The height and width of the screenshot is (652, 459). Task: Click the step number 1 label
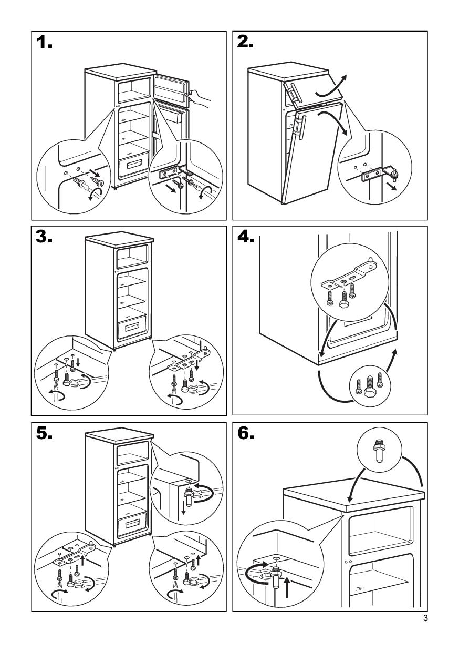tap(45, 44)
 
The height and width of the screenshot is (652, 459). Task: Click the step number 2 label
tap(245, 44)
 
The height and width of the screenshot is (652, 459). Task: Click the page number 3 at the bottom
tap(425, 618)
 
